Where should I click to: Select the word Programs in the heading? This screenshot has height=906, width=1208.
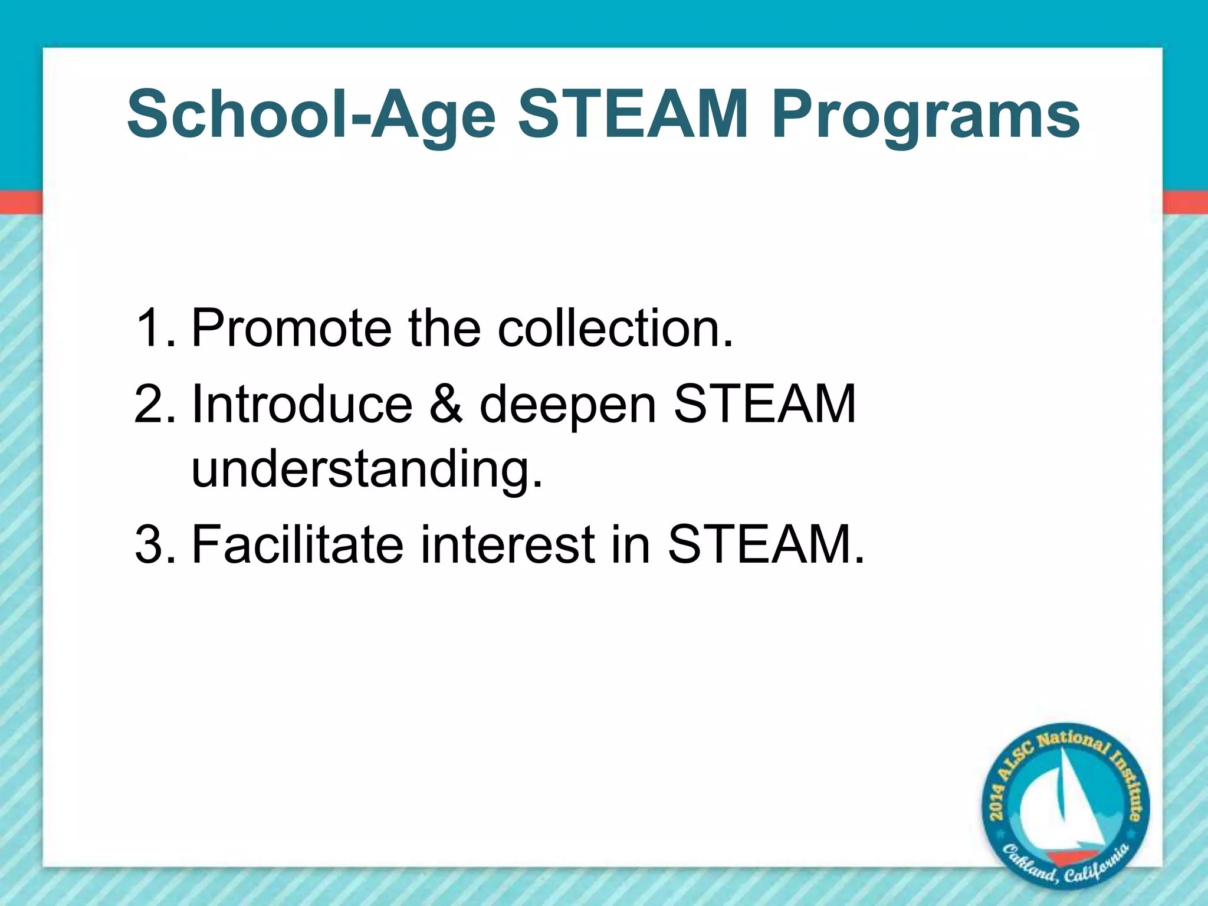click(926, 115)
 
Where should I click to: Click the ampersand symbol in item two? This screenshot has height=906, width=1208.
click(446, 405)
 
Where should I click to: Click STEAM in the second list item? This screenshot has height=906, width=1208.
click(764, 405)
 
